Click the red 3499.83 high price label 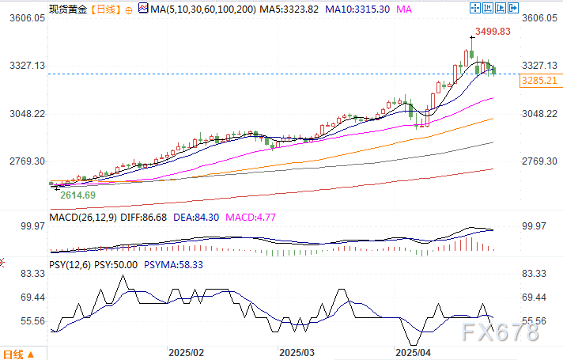(493, 32)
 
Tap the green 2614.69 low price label (77, 195)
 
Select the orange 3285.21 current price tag (539, 81)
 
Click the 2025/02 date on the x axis (187, 350)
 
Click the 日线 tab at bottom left (14, 353)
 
